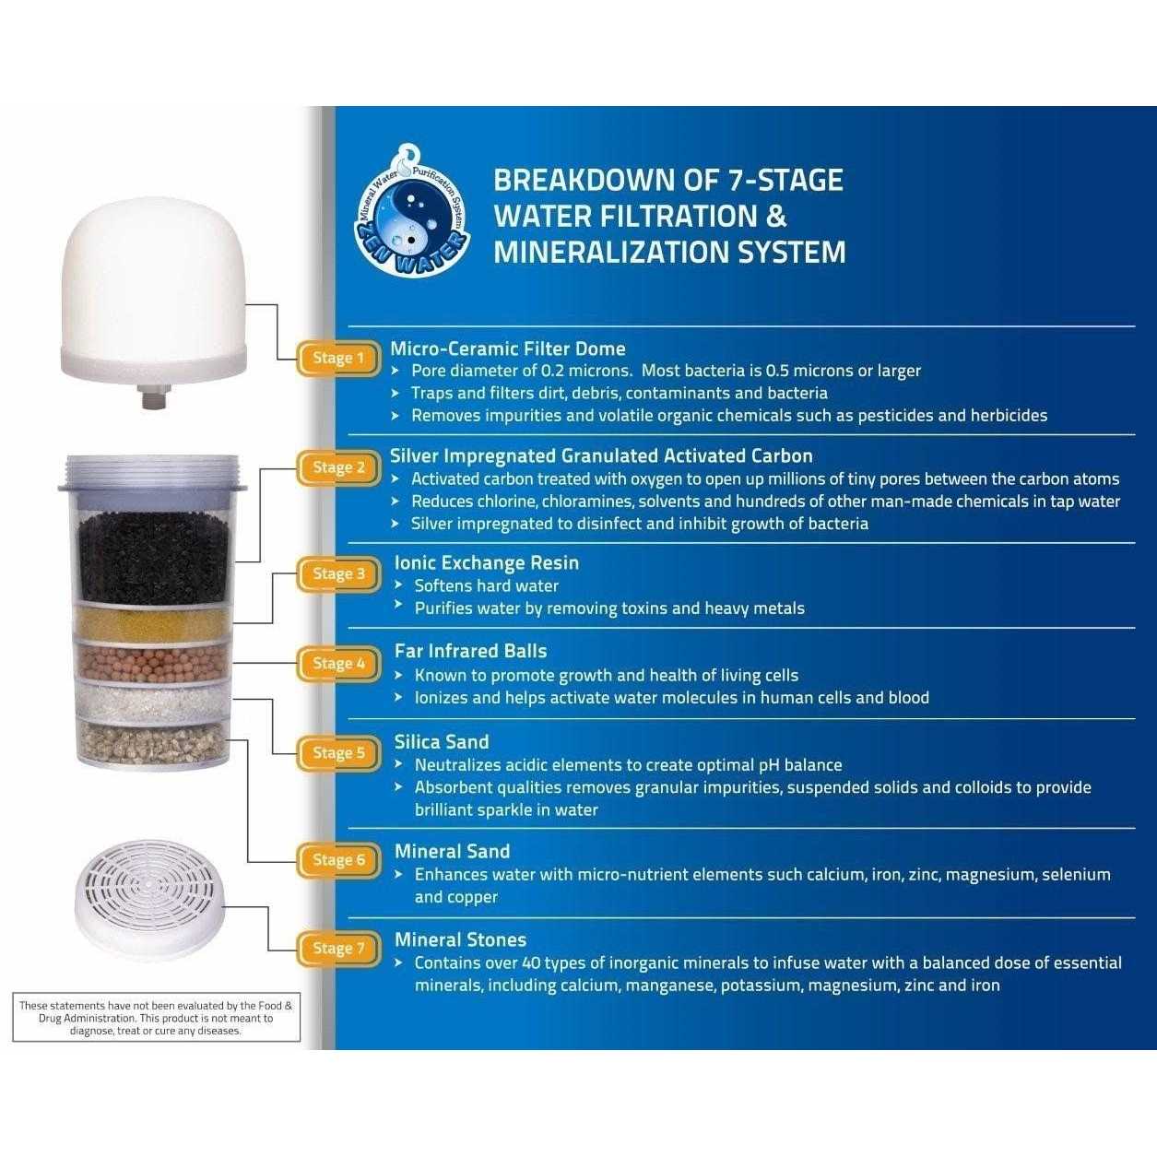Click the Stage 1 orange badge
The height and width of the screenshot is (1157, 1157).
338,359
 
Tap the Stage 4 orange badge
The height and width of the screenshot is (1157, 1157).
338,664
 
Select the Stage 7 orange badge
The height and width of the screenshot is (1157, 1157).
338,949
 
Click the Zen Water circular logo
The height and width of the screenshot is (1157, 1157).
411,211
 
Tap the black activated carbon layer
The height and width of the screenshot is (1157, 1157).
154,559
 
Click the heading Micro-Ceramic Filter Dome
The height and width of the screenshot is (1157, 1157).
508,348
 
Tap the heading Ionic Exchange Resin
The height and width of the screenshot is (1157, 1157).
487,563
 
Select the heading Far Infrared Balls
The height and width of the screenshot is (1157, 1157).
470,652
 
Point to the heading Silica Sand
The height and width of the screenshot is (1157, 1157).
442,742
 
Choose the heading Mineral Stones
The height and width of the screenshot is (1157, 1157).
460,940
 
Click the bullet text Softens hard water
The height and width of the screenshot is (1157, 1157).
487,586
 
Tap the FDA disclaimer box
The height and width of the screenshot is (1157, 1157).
156,1018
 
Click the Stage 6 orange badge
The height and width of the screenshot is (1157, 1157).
338,860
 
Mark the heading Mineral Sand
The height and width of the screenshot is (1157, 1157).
452,852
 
